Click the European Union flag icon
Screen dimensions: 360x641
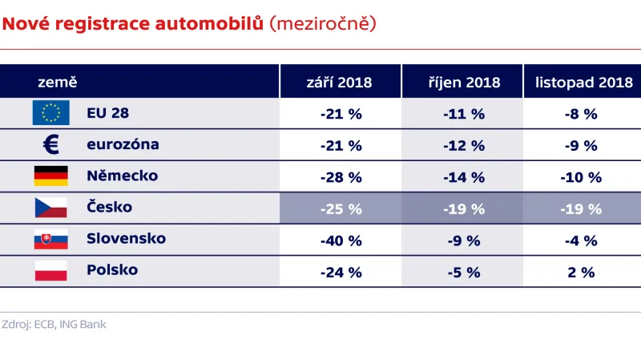[50, 113]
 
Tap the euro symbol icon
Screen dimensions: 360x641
[50, 145]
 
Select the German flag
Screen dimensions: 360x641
[50, 176]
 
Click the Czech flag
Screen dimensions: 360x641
[50, 208]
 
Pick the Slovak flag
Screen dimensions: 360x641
[50, 239]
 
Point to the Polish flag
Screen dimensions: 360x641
[50, 270]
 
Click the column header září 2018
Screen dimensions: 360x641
[340, 83]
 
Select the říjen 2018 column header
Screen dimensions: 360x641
[463, 83]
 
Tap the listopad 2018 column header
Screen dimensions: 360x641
[582, 83]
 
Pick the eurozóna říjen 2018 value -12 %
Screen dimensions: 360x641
[463, 146]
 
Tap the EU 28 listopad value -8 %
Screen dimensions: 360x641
[582, 114]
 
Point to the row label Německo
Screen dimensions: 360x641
[122, 176]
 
